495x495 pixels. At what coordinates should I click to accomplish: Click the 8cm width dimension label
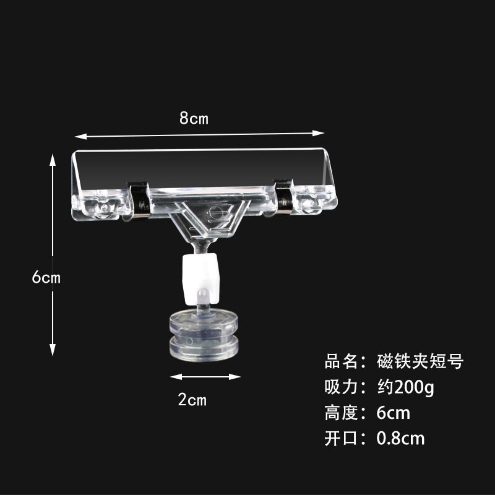tap(194, 118)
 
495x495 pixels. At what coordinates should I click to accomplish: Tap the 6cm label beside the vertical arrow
tap(46, 277)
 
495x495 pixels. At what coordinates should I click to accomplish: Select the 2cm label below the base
tap(192, 400)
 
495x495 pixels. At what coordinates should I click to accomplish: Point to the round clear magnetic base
tap(204, 335)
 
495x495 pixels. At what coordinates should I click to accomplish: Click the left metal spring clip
tap(139, 200)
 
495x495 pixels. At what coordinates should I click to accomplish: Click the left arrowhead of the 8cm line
tap(81, 136)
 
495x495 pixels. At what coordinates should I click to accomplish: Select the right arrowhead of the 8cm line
tap(318, 133)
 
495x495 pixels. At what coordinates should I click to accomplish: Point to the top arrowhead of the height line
tap(53, 160)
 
